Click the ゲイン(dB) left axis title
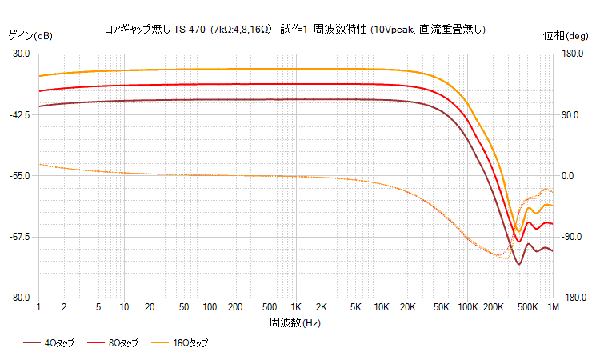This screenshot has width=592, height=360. click(x=30, y=35)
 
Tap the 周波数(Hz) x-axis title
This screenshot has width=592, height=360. click(x=295, y=322)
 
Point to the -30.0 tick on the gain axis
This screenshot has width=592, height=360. click(x=19, y=54)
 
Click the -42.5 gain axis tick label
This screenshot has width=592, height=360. click(x=19, y=114)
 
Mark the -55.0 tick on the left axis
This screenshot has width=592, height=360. click(x=19, y=175)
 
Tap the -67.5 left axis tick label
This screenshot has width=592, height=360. click(x=19, y=237)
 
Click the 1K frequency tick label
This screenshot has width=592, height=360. click(x=296, y=307)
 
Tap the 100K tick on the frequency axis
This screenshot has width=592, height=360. click(x=467, y=307)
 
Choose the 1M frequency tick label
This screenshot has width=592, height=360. click(x=553, y=307)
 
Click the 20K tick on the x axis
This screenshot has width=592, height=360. click(x=407, y=307)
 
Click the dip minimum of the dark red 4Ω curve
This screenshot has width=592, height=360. click(x=518, y=264)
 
